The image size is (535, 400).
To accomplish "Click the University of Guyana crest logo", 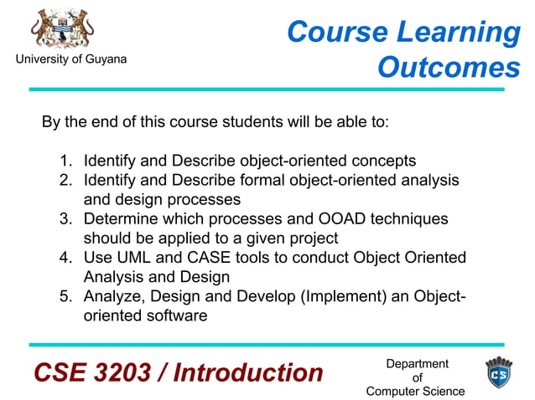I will (x=63, y=28).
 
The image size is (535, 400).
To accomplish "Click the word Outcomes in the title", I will (x=449, y=68).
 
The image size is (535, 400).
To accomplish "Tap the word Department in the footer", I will (x=417, y=363).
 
